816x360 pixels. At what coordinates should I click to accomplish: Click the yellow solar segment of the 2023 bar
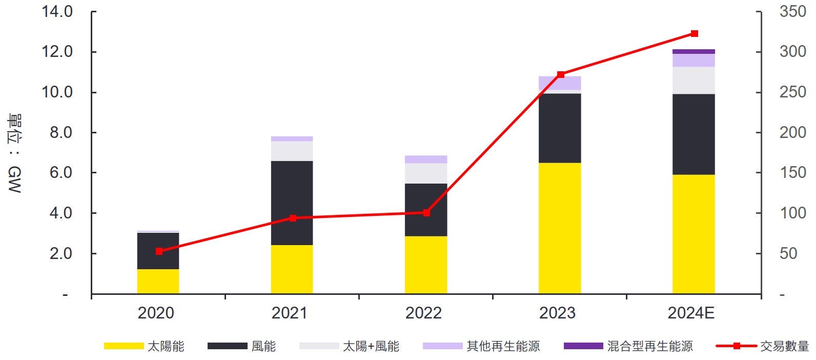click(x=560, y=228)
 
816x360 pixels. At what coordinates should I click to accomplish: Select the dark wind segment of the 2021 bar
click(x=292, y=203)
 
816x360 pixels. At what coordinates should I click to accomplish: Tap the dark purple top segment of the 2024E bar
click(x=693, y=51)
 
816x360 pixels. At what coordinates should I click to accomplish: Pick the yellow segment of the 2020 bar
click(x=158, y=281)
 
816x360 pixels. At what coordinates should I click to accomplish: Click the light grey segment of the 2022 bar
click(x=426, y=173)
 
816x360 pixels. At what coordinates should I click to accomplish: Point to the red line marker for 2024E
click(x=695, y=34)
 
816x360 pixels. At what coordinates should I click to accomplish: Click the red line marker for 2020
click(x=159, y=251)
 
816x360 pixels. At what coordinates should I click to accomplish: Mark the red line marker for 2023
click(x=560, y=74)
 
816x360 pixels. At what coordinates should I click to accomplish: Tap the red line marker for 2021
click(x=293, y=218)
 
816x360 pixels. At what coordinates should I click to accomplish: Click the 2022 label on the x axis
click(x=423, y=313)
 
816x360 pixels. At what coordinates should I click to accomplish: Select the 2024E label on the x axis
click(x=690, y=313)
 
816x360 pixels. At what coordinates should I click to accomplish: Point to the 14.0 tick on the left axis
click(x=57, y=11)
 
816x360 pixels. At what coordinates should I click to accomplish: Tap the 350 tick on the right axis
click(x=792, y=11)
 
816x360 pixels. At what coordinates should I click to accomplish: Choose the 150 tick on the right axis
click(x=792, y=173)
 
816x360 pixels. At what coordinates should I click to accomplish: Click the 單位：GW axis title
click(x=14, y=153)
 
